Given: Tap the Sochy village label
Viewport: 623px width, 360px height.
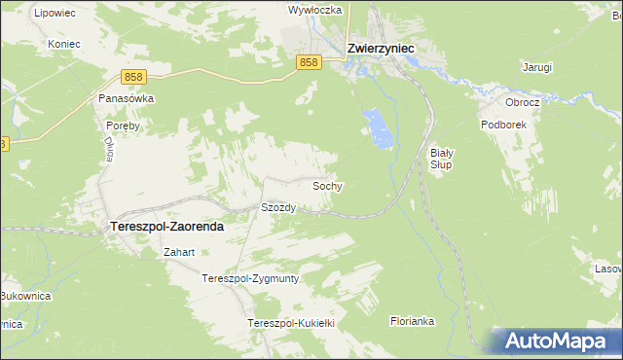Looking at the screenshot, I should pyautogui.click(x=326, y=185).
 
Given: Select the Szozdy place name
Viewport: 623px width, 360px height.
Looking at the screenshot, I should pyautogui.click(x=277, y=207).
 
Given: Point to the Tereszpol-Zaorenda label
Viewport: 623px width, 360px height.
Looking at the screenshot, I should pyautogui.click(x=162, y=226).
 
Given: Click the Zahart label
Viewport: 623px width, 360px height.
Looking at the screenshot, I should pyautogui.click(x=180, y=253).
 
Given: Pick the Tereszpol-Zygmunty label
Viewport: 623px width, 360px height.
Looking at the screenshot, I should pyautogui.click(x=249, y=278).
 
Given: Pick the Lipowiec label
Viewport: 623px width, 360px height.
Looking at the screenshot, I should pyautogui.click(x=55, y=14).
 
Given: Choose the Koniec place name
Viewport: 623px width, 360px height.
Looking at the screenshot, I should pyautogui.click(x=61, y=44).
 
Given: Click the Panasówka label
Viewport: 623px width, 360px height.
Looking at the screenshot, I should pyautogui.click(x=121, y=98).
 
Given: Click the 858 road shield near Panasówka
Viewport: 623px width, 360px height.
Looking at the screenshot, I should pyautogui.click(x=135, y=76).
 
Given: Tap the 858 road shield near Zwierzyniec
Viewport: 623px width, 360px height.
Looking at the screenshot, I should pyautogui.click(x=309, y=62).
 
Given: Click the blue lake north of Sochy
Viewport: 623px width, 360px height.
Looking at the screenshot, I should pyautogui.click(x=379, y=129).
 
